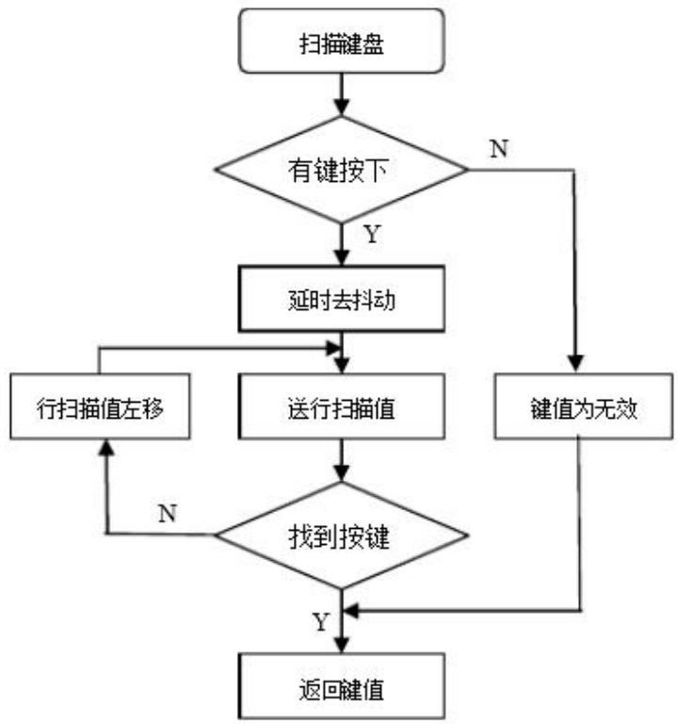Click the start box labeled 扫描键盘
pyautogui.click(x=340, y=42)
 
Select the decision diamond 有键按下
pyautogui.click(x=340, y=171)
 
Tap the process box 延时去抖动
pyautogui.click(x=340, y=300)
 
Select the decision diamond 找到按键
pyautogui.click(x=340, y=536)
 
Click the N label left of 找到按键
pyautogui.click(x=167, y=514)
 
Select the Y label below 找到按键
pyautogui.click(x=321, y=623)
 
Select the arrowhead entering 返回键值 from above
pyautogui.click(x=342, y=645)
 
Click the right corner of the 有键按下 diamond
pyautogui.click(x=466, y=171)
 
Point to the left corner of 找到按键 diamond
pyautogui.click(x=217, y=536)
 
